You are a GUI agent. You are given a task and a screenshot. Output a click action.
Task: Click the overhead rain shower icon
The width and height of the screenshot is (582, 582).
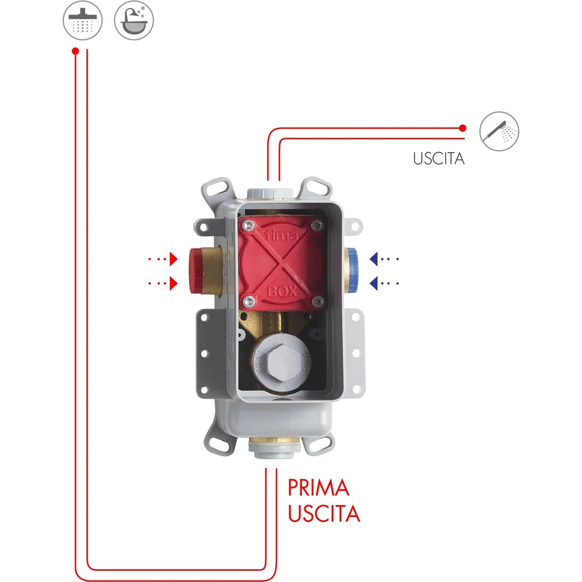(83, 20)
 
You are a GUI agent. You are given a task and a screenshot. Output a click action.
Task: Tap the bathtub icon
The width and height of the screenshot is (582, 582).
(134, 20)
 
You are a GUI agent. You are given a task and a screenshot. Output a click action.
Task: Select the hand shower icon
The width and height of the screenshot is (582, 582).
(499, 132)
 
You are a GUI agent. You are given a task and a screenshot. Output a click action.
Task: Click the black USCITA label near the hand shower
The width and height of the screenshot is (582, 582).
(439, 158)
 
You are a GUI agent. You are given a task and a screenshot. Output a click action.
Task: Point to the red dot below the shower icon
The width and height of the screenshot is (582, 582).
(75, 51)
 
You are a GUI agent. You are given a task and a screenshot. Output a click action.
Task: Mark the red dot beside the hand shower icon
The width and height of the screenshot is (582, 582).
(463, 128)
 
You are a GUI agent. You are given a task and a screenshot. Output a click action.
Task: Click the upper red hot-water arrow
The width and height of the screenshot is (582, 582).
(163, 259)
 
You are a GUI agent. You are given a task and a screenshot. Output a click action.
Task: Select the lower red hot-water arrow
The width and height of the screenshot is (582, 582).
(163, 283)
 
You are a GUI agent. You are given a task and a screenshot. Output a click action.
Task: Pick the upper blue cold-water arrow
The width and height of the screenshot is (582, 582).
(384, 259)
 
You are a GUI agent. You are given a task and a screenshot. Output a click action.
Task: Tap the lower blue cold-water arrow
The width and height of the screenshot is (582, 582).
(384, 283)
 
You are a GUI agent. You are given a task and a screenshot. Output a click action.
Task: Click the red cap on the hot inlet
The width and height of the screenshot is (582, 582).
(195, 270)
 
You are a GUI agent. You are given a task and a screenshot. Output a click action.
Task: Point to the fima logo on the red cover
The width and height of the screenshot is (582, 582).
(282, 235)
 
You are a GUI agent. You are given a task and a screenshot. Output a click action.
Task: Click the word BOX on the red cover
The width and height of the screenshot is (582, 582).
(282, 292)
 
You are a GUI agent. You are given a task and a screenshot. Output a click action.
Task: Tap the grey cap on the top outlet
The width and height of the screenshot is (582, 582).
(271, 193)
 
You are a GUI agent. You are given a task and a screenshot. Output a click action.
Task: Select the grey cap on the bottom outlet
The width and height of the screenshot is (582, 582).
(275, 450)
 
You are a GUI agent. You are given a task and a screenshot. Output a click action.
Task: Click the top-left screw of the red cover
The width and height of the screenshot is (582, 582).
(248, 224)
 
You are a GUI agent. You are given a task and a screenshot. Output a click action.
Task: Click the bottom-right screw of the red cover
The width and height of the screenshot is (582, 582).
(318, 301)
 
